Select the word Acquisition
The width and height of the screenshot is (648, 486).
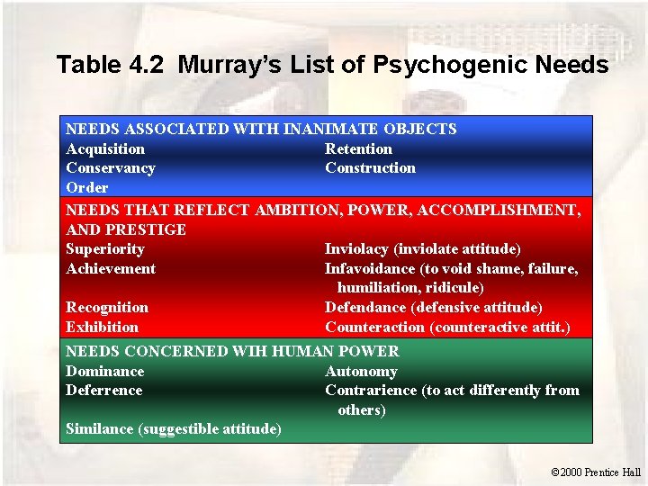[105, 148]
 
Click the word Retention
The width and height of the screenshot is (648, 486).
[358, 148]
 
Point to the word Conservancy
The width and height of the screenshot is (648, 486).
[111, 167]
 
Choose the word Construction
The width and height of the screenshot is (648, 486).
[370, 167]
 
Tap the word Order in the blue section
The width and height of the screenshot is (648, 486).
[86, 187]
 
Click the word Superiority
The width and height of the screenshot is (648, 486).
[105, 248]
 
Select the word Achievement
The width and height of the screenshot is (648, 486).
[111, 268]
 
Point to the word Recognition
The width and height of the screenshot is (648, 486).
[107, 307]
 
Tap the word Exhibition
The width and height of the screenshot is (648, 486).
[103, 327]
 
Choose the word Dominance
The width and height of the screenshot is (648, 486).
[104, 371]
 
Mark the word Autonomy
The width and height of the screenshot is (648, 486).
[361, 371]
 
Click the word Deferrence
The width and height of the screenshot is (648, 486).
[103, 390]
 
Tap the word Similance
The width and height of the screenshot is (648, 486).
[100, 429]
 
